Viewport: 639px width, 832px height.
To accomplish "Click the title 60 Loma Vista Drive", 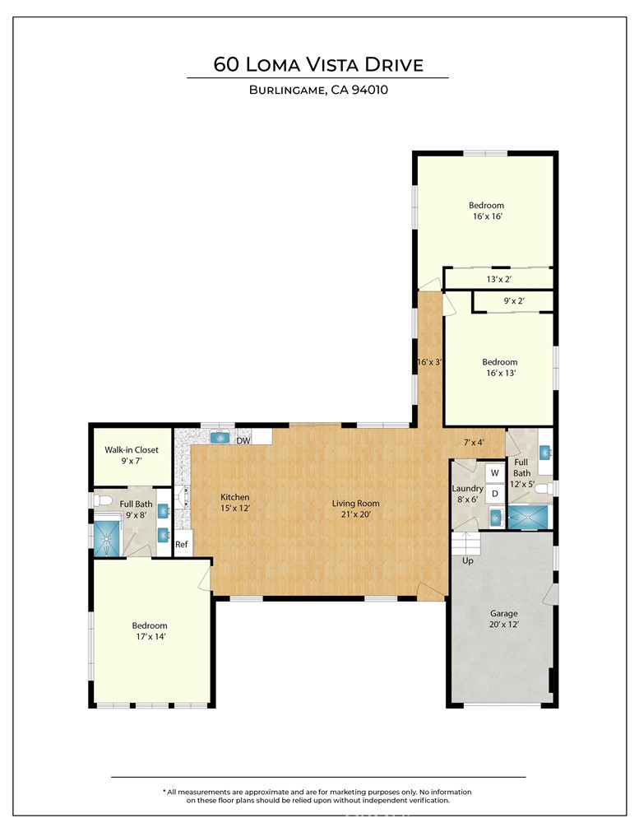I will click(x=318, y=64).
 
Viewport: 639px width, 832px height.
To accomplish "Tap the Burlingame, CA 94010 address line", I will click(x=318, y=91).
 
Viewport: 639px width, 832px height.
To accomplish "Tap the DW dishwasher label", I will click(x=243, y=441).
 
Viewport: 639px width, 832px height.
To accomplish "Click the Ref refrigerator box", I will click(x=182, y=545).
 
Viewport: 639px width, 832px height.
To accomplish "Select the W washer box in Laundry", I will click(x=495, y=473).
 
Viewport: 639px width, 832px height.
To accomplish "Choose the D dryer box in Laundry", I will click(x=495, y=494).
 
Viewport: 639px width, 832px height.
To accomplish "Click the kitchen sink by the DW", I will click(x=220, y=438).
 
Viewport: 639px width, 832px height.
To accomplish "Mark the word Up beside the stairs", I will click(x=468, y=560).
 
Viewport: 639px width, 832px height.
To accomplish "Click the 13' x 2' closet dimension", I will click(x=499, y=279).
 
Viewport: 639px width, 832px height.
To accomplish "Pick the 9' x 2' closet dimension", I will click(x=514, y=302).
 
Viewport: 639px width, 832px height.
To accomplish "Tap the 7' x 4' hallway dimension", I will click(x=474, y=443).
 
